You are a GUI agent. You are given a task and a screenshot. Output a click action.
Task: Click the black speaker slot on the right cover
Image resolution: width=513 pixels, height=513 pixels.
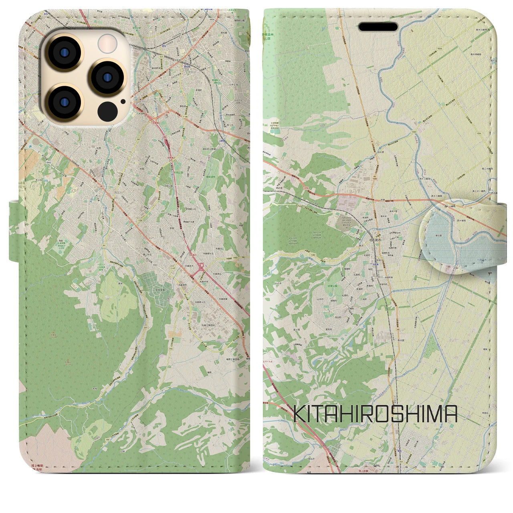click(x=378, y=26)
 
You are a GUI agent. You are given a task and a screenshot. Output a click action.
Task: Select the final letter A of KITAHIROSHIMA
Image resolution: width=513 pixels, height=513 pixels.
click(x=451, y=414)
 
